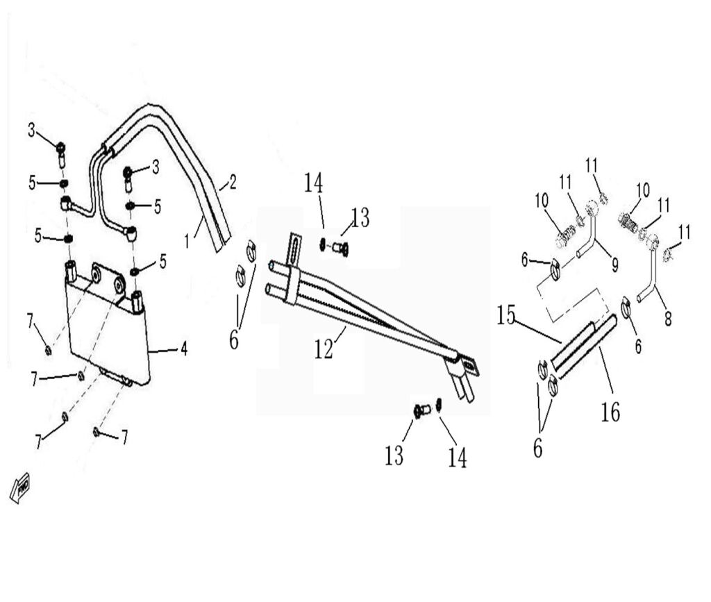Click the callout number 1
tap(187, 241)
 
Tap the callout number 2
tap(233, 183)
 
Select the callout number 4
tap(184, 349)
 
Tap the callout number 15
tap(507, 317)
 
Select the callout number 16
tap(610, 413)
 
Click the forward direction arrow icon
tap(19, 487)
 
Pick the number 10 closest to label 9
tap(542, 201)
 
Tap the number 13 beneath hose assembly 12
tap(394, 455)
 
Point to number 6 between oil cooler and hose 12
tap(233, 340)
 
